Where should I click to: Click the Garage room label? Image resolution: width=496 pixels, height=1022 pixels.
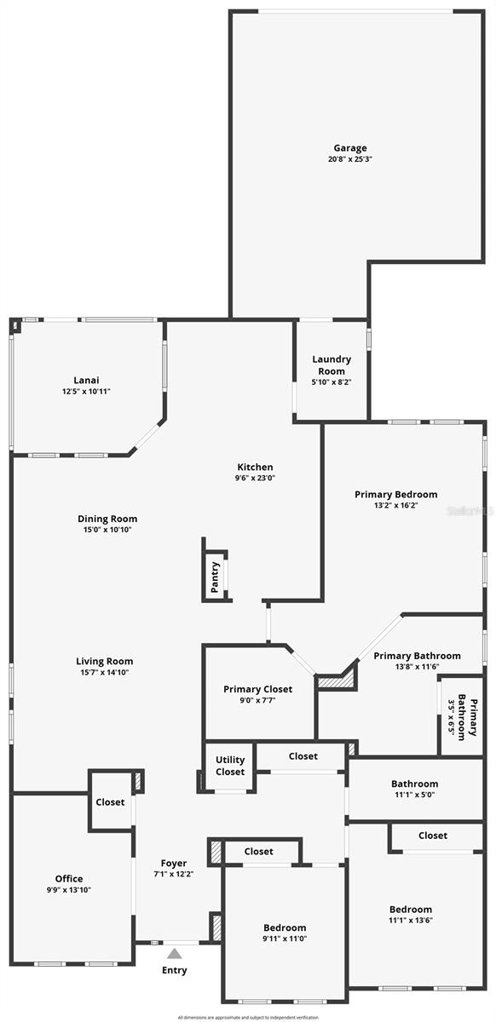point(350,147)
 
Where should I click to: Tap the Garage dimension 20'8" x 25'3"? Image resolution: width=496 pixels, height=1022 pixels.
point(350,159)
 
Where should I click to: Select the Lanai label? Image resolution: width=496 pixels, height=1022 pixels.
point(86,380)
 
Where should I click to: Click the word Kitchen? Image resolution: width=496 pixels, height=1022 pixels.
point(255,467)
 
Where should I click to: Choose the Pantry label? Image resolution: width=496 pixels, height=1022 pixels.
point(215,577)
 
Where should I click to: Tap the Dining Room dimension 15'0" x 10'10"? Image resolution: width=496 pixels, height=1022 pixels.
point(107,530)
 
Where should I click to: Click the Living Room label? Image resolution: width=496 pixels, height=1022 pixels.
point(105,661)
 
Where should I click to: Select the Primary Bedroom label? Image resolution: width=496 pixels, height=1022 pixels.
point(396,494)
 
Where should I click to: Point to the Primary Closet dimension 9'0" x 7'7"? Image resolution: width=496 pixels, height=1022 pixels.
point(257,700)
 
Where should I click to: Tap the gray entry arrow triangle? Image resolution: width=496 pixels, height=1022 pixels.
point(174,954)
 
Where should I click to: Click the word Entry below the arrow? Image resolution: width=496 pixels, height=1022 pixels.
point(174,970)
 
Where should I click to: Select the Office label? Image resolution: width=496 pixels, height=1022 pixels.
point(69,878)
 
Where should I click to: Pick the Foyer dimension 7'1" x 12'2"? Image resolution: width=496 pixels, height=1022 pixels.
point(174,874)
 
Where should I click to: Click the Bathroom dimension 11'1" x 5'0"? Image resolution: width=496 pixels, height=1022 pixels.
point(414,795)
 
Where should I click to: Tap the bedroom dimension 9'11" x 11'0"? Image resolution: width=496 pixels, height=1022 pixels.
point(284,939)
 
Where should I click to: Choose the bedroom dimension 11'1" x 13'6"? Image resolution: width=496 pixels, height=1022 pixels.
point(410,920)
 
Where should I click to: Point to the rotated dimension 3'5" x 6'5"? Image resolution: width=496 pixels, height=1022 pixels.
point(451,718)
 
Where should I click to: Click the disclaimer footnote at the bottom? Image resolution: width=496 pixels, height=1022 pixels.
point(247,1017)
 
